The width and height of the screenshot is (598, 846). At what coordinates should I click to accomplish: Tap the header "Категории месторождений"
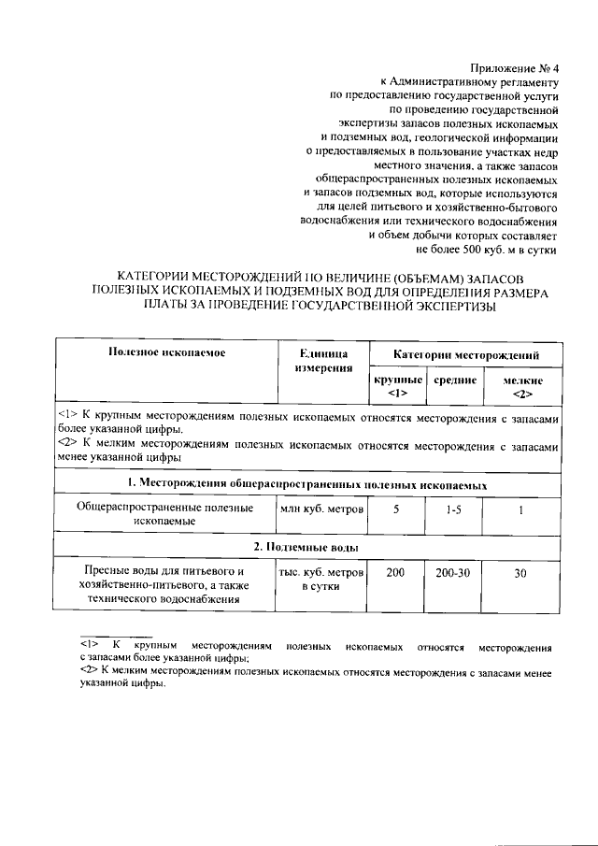pos(464,355)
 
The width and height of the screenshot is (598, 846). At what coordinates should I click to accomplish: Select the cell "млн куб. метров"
pos(320,509)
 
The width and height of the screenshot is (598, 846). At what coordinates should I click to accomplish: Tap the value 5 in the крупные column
pos(396,509)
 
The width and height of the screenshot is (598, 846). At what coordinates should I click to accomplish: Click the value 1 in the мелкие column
pos(521,509)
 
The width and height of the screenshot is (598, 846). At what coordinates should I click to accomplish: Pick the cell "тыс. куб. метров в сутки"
pos(320,579)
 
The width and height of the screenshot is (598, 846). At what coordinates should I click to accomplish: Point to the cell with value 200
pos(396,571)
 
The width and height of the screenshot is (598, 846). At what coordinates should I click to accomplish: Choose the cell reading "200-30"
pos(452,571)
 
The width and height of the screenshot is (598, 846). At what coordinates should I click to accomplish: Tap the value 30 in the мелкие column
pos(521,573)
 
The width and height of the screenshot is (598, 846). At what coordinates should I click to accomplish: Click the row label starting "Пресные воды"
pos(164,584)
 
